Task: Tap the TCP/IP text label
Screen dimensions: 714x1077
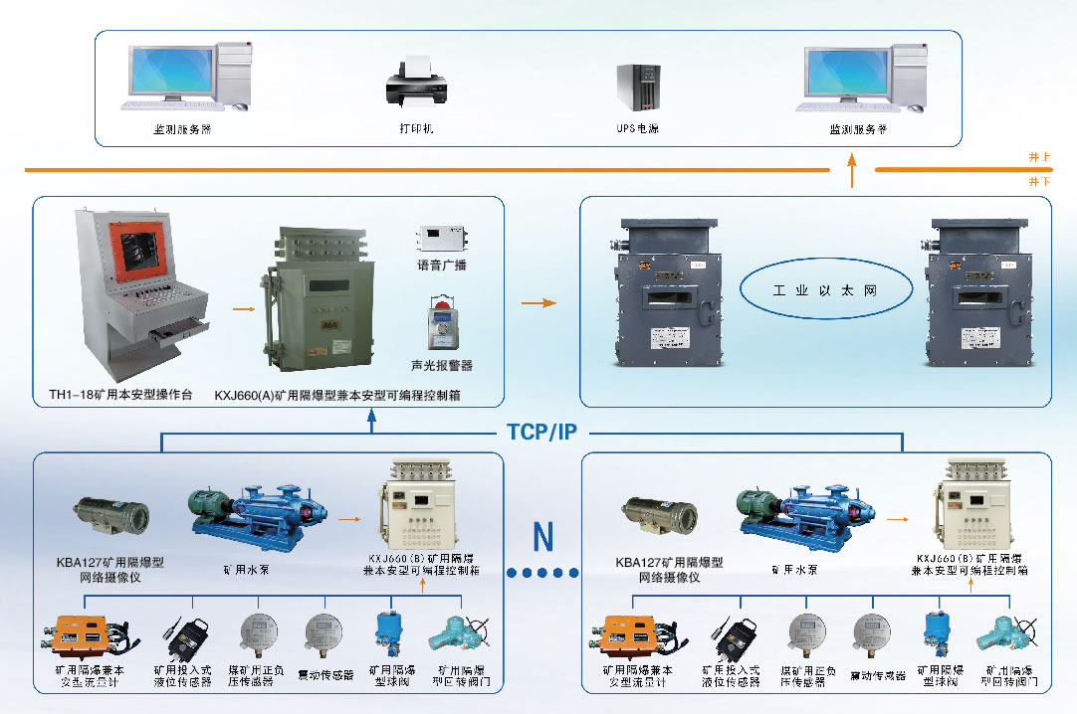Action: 542,433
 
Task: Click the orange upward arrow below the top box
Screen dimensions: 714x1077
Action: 852,175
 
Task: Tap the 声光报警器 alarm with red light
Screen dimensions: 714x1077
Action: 441,321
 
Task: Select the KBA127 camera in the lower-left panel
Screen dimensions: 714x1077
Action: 110,513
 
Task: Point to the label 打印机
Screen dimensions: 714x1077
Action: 416,129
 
